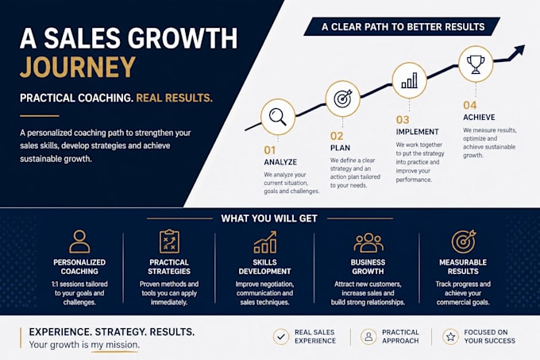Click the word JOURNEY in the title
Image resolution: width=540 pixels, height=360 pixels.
click(x=78, y=67)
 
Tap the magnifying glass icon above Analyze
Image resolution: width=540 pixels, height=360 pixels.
click(x=278, y=117)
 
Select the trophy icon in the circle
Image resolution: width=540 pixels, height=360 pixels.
click(x=476, y=64)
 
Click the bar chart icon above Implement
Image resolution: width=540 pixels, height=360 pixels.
click(x=410, y=80)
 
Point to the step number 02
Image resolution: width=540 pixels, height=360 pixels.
click(x=337, y=136)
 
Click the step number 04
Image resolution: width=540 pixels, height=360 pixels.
click(x=470, y=105)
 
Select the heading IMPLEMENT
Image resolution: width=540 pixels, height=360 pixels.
click(x=417, y=132)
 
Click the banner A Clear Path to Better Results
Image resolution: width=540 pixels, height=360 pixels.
click(x=402, y=26)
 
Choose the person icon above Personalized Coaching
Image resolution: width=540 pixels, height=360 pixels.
click(x=79, y=242)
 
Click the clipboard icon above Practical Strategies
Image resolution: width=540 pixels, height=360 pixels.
click(x=169, y=241)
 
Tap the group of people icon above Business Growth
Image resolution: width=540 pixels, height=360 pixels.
click(x=368, y=242)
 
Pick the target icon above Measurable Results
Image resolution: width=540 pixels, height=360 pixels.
click(x=464, y=241)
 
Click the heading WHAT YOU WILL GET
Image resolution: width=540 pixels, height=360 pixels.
click(x=269, y=219)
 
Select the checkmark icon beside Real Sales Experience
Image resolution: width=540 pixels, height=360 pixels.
click(x=281, y=336)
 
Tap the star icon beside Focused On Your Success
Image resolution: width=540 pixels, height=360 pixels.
click(x=450, y=336)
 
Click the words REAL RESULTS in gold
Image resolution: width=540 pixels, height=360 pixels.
click(x=174, y=99)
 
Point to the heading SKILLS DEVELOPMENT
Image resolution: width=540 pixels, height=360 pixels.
click(x=264, y=267)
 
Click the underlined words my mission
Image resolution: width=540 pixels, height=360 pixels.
click(x=114, y=345)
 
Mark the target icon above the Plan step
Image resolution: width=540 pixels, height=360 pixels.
click(x=343, y=99)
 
